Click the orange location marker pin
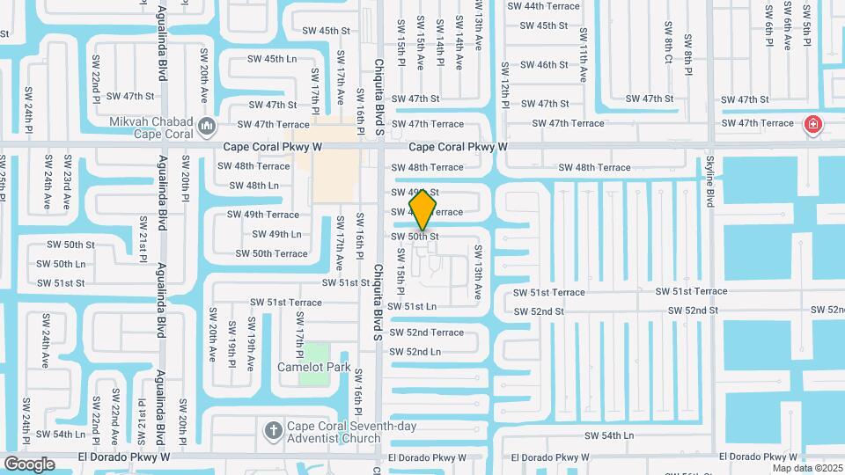tap(422, 209)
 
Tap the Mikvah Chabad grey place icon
tap(207, 127)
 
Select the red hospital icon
tap(812, 124)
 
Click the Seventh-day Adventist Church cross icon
tap(273, 431)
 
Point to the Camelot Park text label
tap(314, 367)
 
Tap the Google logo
tap(30, 464)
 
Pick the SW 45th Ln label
tap(272, 59)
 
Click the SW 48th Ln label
tap(254, 186)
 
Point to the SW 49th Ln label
tap(276, 234)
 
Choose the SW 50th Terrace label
tap(272, 253)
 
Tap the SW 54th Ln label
tap(609, 435)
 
